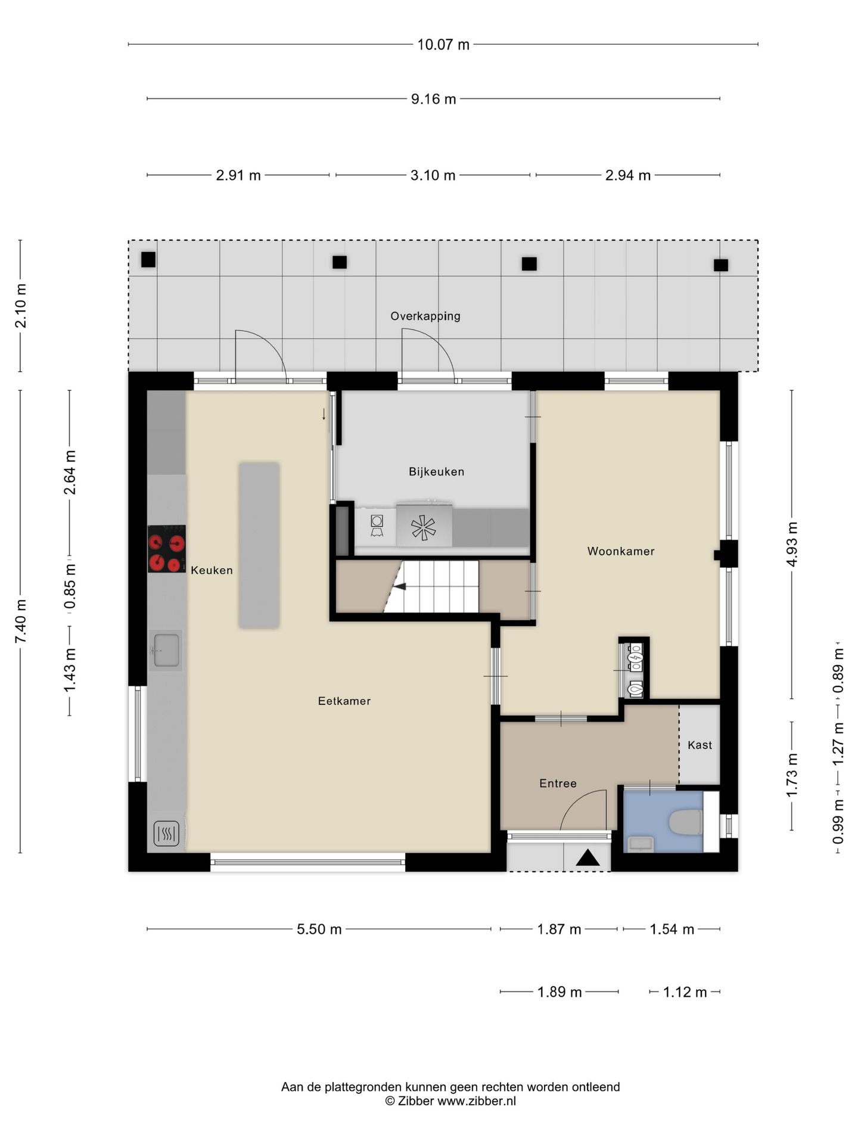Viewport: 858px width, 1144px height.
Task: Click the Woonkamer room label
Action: (x=621, y=551)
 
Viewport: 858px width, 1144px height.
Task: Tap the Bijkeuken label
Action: (x=436, y=471)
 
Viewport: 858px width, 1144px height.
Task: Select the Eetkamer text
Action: (x=344, y=701)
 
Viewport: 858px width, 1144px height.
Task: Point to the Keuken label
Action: (x=212, y=570)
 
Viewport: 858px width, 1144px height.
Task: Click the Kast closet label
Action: (x=700, y=745)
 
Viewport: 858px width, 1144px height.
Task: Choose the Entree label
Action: (x=558, y=784)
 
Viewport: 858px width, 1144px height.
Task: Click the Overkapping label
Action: (x=425, y=316)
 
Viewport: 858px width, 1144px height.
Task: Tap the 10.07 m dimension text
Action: (x=443, y=45)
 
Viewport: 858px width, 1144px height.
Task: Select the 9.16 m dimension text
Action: (x=433, y=99)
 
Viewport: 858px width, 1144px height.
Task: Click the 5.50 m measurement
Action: (x=319, y=929)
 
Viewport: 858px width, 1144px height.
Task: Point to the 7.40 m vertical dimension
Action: (x=21, y=621)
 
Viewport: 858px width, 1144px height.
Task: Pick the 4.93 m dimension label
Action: (x=792, y=545)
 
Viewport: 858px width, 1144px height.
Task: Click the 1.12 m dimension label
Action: (x=685, y=992)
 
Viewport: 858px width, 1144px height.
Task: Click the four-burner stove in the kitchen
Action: (x=167, y=549)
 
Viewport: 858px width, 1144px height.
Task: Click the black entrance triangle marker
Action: (x=587, y=858)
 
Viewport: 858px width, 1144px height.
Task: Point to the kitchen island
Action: (x=259, y=545)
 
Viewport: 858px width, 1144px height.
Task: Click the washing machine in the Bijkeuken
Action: (x=376, y=526)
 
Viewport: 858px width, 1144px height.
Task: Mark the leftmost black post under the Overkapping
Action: (x=148, y=260)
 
